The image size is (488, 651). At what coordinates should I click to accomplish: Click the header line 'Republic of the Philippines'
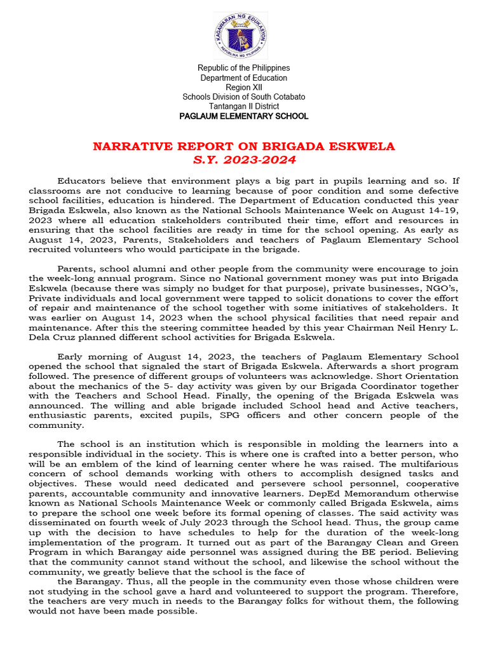tap(244, 68)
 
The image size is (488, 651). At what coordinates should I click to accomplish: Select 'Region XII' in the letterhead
tap(244, 87)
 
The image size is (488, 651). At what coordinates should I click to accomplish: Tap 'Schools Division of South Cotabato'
tap(244, 97)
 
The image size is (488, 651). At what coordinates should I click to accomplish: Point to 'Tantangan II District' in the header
tap(244, 106)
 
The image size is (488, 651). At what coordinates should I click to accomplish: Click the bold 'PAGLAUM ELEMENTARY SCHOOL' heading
tap(244, 116)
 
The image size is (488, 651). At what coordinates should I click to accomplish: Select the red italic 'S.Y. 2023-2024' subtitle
tap(244, 160)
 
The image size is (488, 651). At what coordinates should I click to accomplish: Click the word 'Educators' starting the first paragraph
tap(81, 181)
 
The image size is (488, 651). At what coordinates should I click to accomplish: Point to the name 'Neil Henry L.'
tap(427, 327)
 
